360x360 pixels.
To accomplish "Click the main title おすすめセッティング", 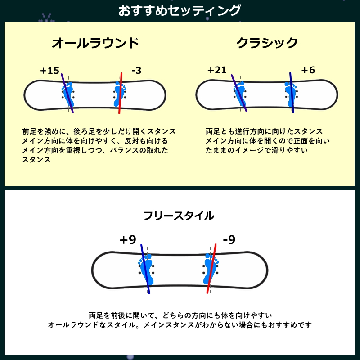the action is (180, 10).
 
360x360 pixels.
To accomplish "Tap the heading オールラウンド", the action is (95, 43).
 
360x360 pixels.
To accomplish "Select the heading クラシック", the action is (267, 43).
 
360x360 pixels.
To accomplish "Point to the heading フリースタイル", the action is (179, 216).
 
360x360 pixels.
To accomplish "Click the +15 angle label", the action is (50, 71).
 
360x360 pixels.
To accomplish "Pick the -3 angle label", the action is (136, 71).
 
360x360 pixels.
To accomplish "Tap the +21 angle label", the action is (217, 70).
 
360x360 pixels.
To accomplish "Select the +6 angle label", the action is (308, 70).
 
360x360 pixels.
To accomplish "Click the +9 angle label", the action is (128, 240).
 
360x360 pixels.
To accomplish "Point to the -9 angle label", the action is (229, 240).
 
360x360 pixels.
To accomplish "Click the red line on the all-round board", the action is (120, 93).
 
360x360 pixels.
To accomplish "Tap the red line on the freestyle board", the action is (211, 269).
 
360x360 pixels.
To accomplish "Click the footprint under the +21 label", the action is (240, 94).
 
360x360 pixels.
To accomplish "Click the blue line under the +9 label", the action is (145, 269).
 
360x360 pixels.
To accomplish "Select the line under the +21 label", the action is (239, 93).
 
